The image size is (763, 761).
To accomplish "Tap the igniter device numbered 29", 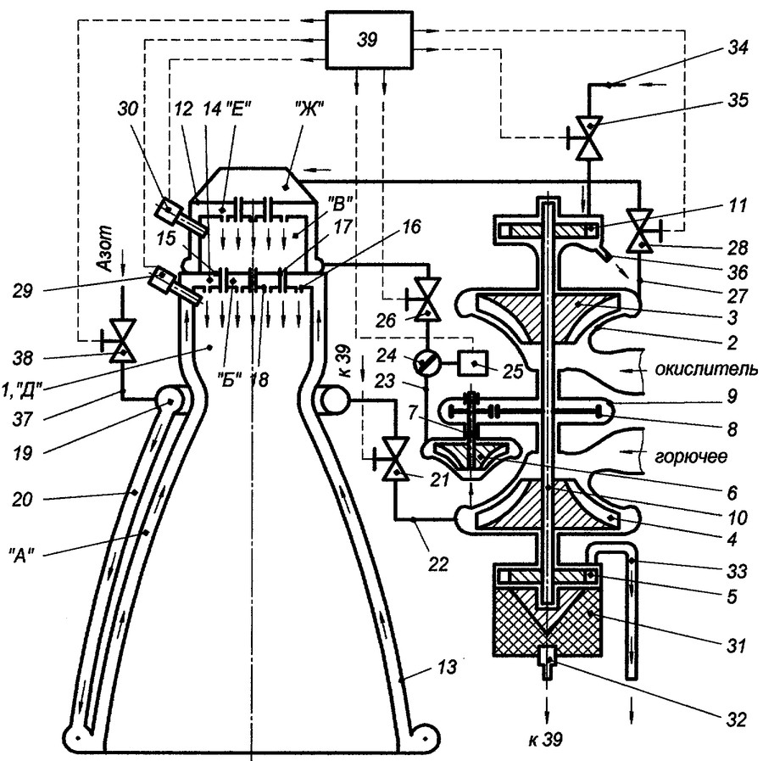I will coord(164,279).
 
